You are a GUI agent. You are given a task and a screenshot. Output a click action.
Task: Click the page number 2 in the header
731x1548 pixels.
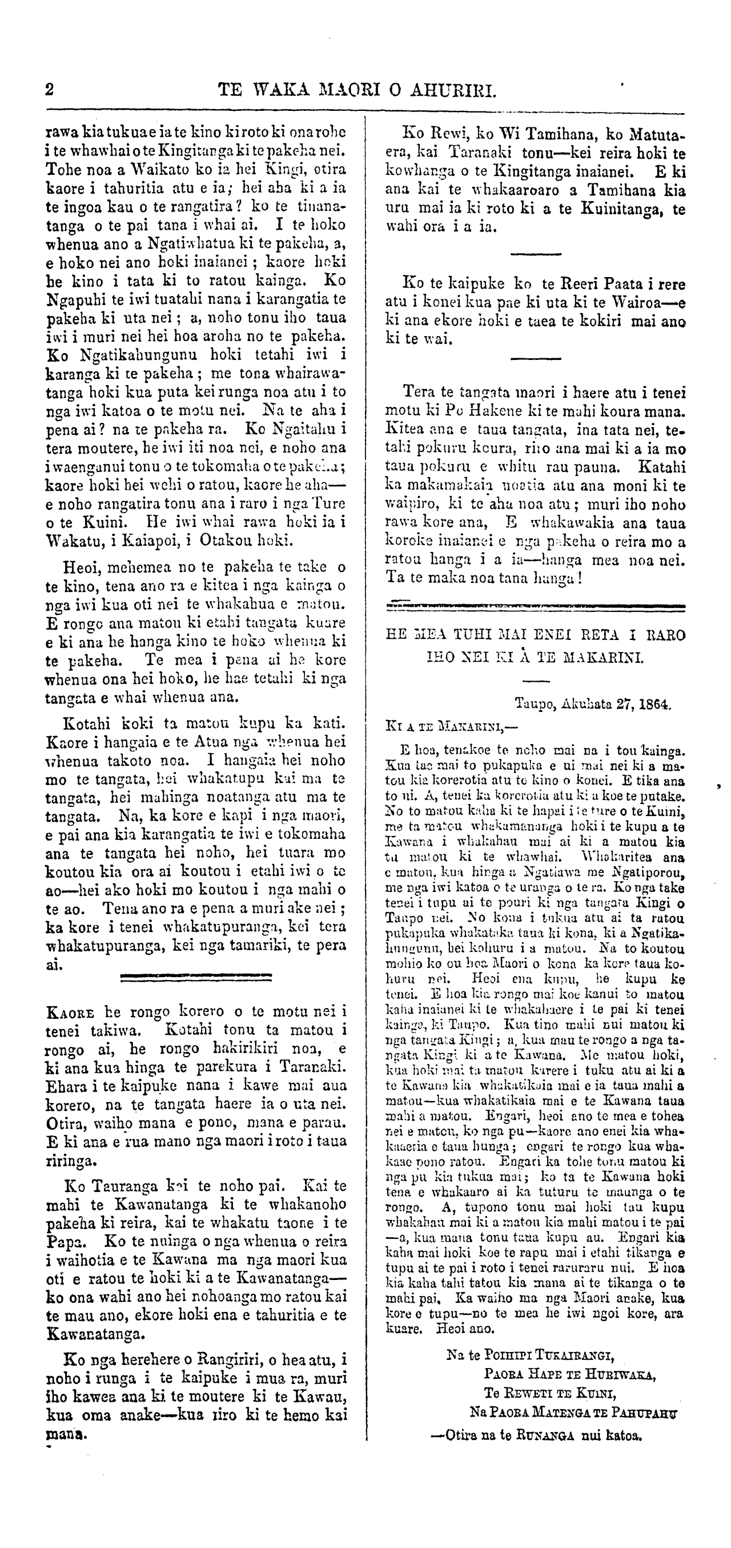50,90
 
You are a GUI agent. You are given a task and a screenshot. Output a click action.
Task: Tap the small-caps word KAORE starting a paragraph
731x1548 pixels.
70,1012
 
